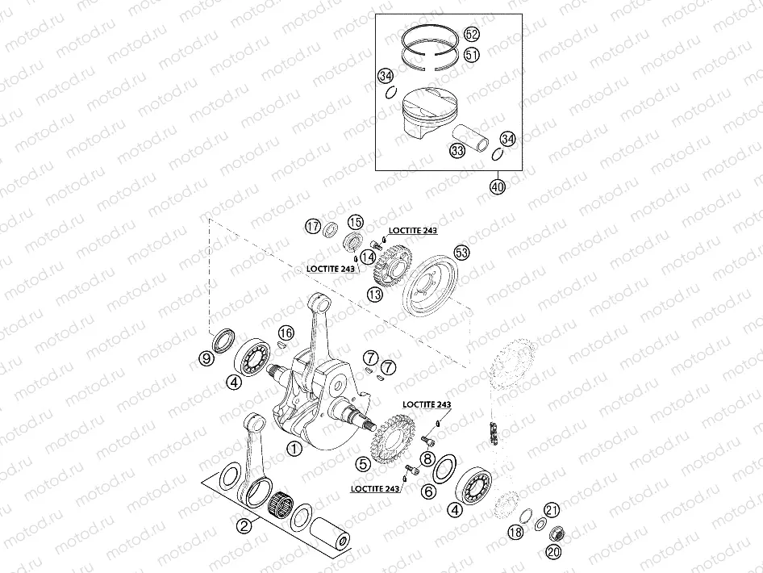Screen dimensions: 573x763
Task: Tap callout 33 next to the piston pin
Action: (x=457, y=151)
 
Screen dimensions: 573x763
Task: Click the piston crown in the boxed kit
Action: (x=431, y=101)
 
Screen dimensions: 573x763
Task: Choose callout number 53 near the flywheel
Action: (x=461, y=252)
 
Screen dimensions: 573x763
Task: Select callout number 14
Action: (x=368, y=257)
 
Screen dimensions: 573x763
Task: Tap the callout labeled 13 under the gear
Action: (x=376, y=295)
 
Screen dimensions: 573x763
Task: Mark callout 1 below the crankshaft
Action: (x=294, y=448)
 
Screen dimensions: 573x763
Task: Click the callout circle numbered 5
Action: (x=364, y=464)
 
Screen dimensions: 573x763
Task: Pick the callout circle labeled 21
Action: (x=552, y=509)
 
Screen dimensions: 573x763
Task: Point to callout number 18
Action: (x=515, y=532)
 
